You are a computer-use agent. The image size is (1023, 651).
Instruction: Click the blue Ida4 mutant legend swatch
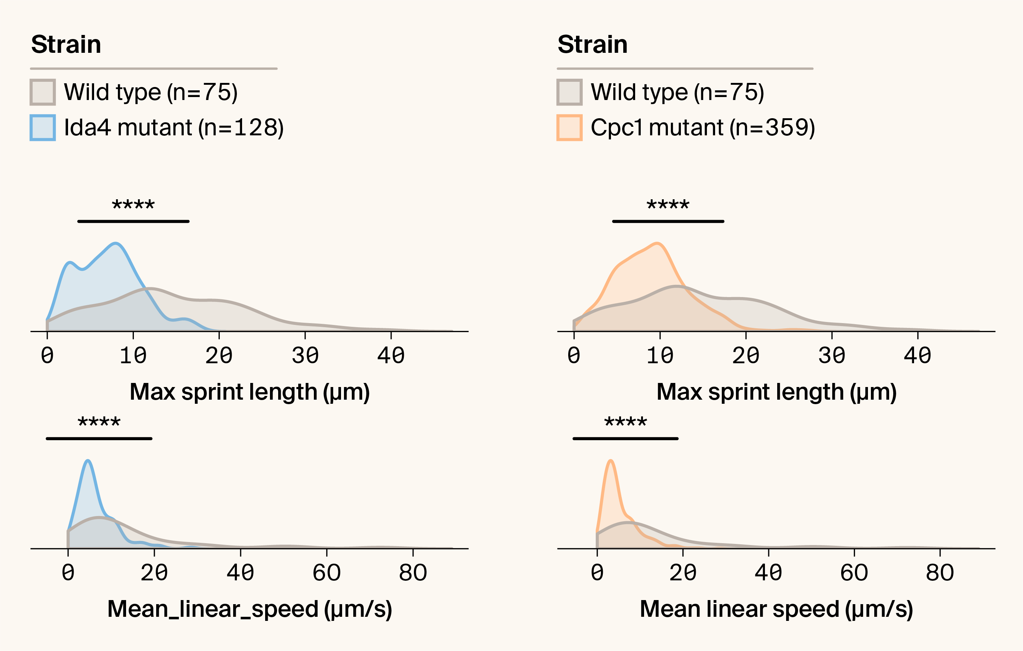tap(42, 128)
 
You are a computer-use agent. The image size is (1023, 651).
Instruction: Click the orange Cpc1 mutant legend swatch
tap(569, 128)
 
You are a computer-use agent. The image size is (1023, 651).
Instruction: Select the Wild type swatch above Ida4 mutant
tap(42, 92)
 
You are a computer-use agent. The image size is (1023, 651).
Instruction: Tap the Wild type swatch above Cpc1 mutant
tap(569, 92)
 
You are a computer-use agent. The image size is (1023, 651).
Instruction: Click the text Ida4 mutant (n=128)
tap(174, 128)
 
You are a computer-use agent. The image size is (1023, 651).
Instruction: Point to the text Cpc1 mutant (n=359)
tap(703, 128)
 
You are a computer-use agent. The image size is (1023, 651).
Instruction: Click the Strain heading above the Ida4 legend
tap(66, 44)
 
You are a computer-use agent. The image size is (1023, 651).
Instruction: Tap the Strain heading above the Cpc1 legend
tap(593, 44)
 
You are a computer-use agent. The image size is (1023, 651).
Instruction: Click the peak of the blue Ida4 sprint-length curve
tap(116, 243)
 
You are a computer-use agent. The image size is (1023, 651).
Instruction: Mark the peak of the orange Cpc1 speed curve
tap(611, 460)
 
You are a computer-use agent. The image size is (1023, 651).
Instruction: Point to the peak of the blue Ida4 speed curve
tap(87, 460)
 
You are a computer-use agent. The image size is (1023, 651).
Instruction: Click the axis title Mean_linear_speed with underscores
tap(250, 609)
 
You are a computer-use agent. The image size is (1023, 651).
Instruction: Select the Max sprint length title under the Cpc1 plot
tap(776, 391)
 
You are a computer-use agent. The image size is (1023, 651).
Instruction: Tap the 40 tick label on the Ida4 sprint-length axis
tap(391, 355)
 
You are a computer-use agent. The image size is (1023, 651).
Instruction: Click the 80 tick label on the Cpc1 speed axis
tap(940, 573)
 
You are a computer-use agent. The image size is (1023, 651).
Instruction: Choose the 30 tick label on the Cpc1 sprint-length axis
tap(831, 355)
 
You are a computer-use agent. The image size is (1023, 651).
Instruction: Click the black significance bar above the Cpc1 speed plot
tap(625, 438)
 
